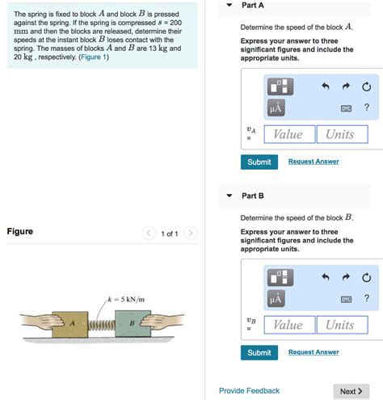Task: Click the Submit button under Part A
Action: point(259,162)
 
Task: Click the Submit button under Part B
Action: point(259,352)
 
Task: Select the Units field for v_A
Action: point(341,134)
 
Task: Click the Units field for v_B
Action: point(341,325)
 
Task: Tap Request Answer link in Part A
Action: point(314,162)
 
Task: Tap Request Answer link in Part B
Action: point(314,352)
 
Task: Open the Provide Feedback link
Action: point(249,391)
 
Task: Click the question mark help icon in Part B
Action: point(366,299)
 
